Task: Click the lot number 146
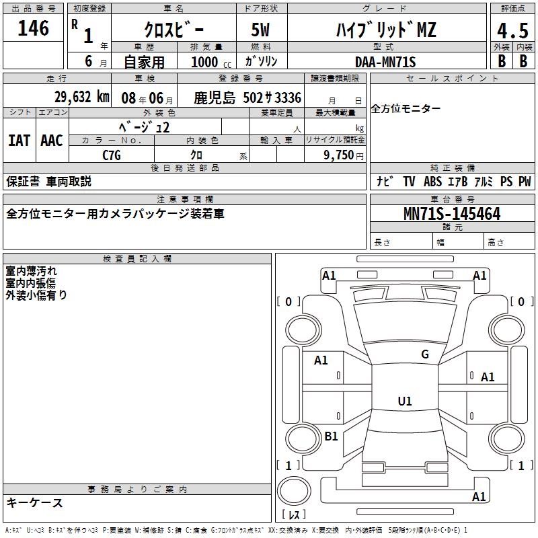pos(33,28)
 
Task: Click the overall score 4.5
pos(512,30)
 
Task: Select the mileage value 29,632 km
pos(81,97)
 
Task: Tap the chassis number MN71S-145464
pos(452,214)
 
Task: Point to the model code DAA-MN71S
pos(385,62)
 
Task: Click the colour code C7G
pos(112,155)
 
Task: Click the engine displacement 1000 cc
pos(211,62)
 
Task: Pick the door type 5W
pos(260,30)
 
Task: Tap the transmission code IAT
pos(20,141)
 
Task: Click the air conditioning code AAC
pos(52,141)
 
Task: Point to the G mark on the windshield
pos(425,354)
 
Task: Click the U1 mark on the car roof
pos(405,401)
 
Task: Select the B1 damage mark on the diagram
pos(331,436)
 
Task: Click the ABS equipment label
pos(432,182)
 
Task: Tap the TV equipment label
pos(409,182)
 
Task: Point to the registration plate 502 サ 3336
pos(272,98)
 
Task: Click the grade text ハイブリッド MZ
pos(386,30)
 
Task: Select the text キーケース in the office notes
pos(34,503)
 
